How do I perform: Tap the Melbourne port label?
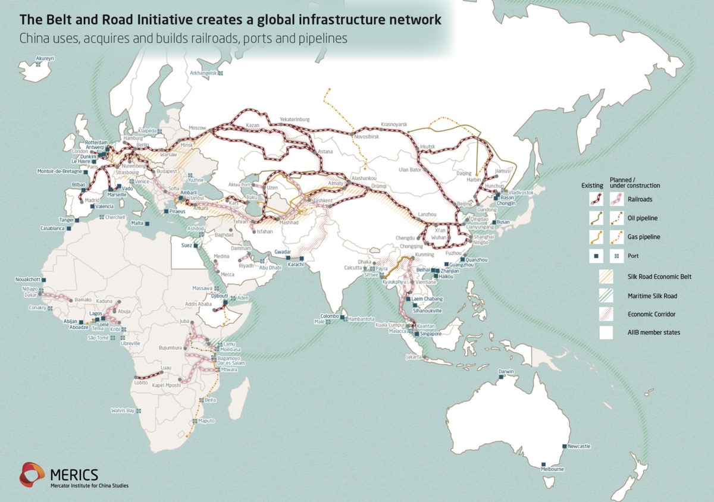tap(552, 469)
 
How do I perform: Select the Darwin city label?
tap(506, 372)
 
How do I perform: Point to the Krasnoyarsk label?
tap(393, 124)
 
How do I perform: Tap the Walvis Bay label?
tap(123, 410)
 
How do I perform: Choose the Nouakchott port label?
tap(30, 280)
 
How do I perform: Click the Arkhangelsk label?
tap(203, 73)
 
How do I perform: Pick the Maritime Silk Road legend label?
tap(652, 296)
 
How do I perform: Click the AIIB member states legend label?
tap(654, 332)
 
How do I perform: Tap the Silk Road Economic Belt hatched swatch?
tap(606, 277)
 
